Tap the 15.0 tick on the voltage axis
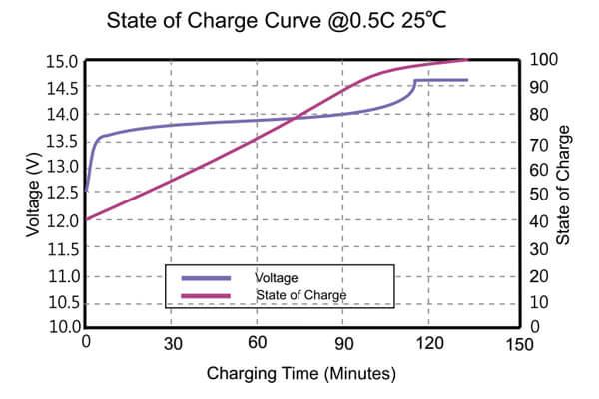pos(62,61)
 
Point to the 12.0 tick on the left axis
pos(62,220)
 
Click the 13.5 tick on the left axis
pos(62,140)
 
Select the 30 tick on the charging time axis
pos(172,344)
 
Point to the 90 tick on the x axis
pos(343,344)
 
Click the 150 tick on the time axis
pos(518,344)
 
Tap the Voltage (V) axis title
pos(34,194)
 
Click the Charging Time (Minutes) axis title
pos(301,374)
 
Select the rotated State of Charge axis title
pos(565,185)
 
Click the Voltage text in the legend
pos(278,277)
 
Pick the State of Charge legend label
pos(299,295)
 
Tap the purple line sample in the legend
pos(206,277)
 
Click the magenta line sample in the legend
pos(206,295)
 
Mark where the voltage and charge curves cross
pos(295,119)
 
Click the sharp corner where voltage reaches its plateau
pos(415,80)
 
